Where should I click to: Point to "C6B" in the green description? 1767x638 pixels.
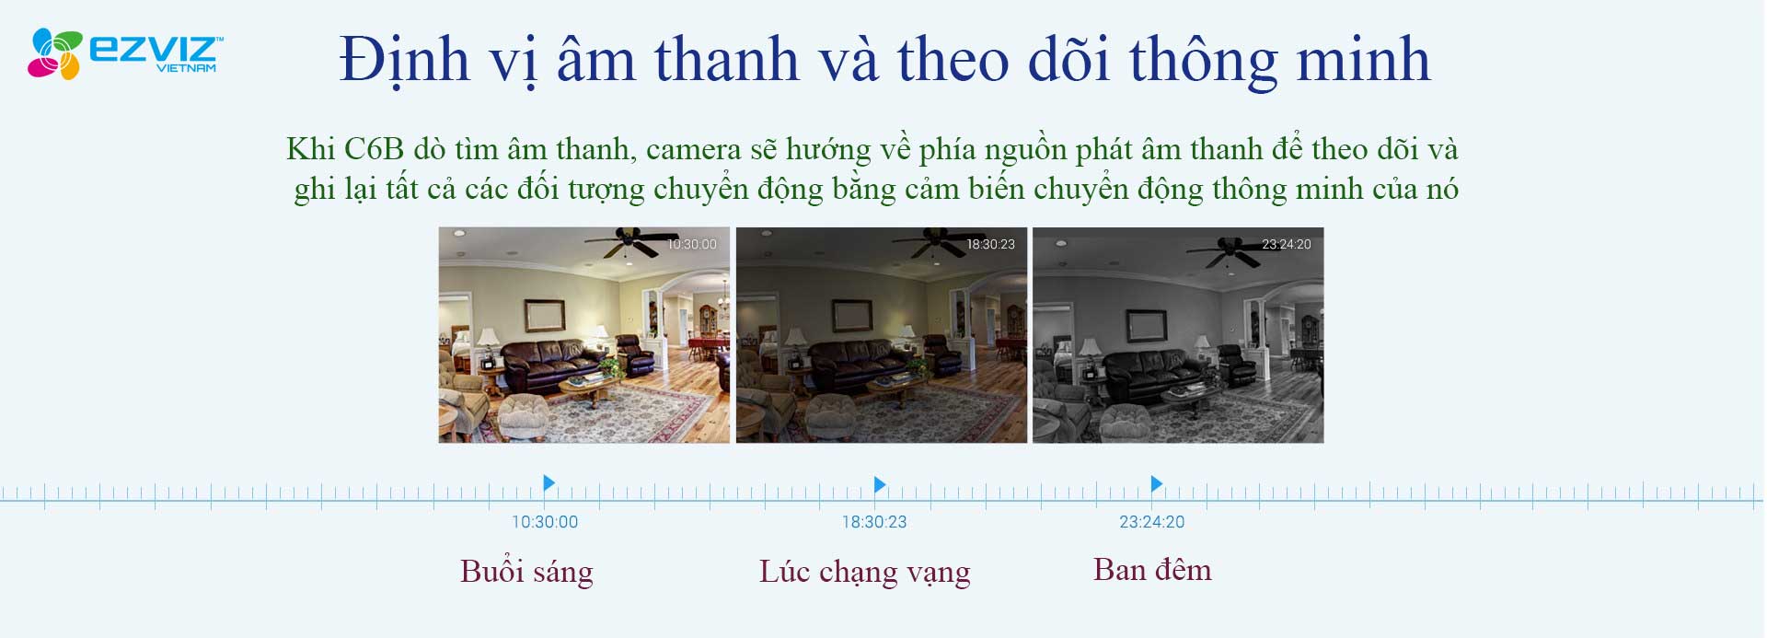pos(374,149)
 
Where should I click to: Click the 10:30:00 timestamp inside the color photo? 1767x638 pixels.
pos(692,244)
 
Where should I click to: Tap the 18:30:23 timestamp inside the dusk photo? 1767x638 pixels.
pos(990,244)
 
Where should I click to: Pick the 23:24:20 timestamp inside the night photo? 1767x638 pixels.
pos(1287,244)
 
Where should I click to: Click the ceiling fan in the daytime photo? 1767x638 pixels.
pos(626,244)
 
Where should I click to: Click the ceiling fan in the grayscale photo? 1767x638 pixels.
pos(1224,249)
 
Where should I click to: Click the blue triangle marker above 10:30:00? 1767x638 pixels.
pos(549,482)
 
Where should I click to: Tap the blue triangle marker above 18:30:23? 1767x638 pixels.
pos(880,484)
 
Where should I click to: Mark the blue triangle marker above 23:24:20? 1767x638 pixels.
pos(1157,483)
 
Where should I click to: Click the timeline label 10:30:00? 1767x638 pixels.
pos(545,522)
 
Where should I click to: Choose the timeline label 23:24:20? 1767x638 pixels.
pos(1152,522)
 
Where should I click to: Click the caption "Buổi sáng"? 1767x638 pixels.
pos(526,572)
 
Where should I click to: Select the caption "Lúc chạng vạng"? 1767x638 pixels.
pos(864,573)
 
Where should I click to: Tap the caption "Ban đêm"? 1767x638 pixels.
pos(1152,569)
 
